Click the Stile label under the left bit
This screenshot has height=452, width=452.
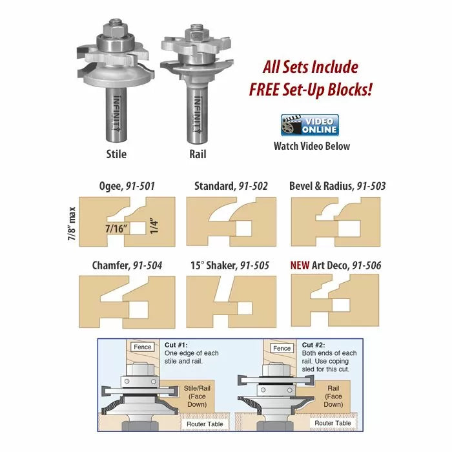pyautogui.click(x=116, y=154)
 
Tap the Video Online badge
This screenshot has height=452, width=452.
pyautogui.click(x=310, y=125)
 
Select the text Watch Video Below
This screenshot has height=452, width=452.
pyautogui.click(x=312, y=146)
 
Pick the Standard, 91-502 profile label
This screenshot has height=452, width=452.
pyautogui.click(x=231, y=186)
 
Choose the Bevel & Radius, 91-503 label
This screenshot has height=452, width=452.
pyautogui.click(x=338, y=186)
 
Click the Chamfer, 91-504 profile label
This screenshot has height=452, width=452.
pyautogui.click(x=126, y=265)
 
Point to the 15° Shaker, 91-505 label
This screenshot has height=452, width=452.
pyautogui.click(x=231, y=265)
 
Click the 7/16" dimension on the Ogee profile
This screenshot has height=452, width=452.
pyautogui.click(x=117, y=228)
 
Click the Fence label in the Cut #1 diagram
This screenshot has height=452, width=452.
pyautogui.click(x=142, y=347)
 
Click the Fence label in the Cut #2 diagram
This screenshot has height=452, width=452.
pyautogui.click(x=282, y=348)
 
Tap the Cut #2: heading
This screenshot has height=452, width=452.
pyautogui.click(x=316, y=345)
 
